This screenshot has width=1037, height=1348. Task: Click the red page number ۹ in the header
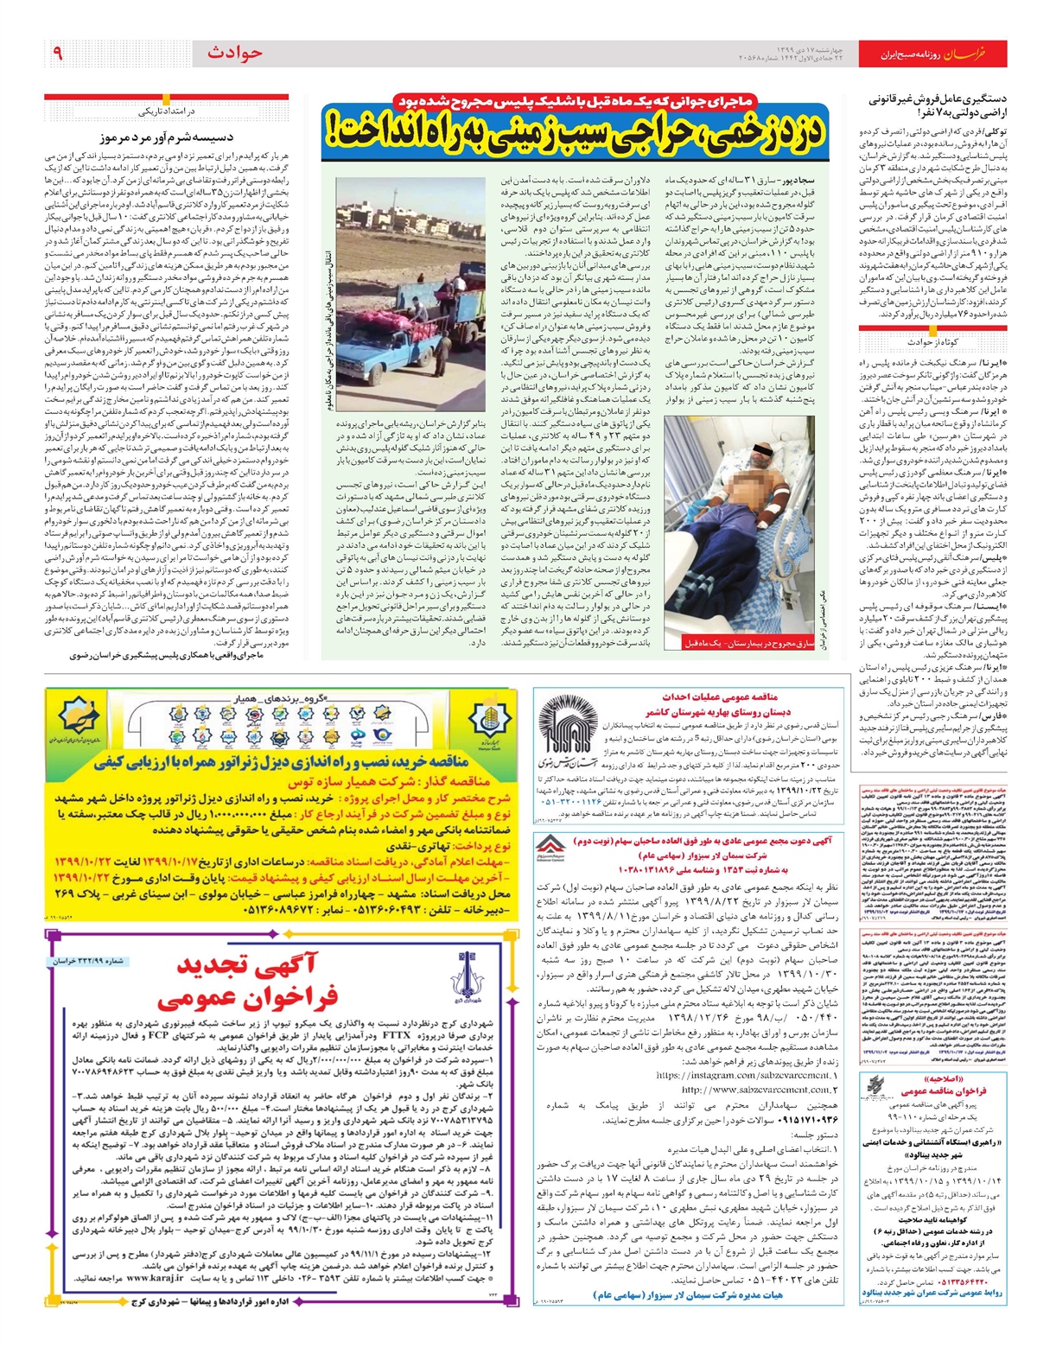point(58,54)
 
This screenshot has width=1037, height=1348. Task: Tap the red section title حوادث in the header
point(234,54)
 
